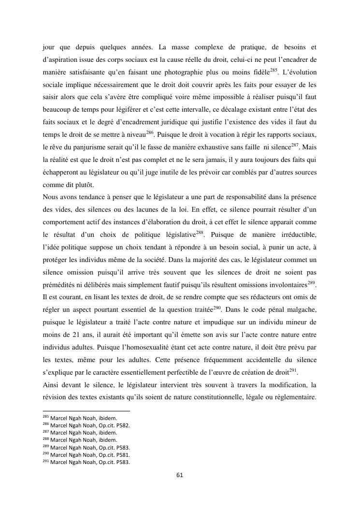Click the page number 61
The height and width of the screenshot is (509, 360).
pyautogui.click(x=180, y=475)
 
